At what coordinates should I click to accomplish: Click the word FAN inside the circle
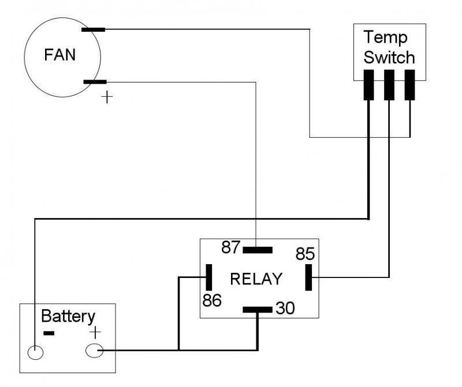pos(60,57)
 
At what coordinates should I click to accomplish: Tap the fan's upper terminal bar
pos(93,29)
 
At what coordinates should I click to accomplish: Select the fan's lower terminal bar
pos(95,82)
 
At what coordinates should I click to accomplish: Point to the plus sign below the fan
pos(107,97)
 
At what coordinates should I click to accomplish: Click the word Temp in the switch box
pos(386,38)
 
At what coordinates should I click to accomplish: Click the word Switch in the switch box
pos(389,58)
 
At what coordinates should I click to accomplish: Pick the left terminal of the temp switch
pos(368,85)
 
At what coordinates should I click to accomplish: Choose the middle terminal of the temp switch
pos(389,85)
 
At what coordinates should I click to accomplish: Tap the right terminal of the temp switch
pos(409,85)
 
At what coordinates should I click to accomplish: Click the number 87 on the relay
pos(231,247)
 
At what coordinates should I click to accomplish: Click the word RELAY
pos(256,279)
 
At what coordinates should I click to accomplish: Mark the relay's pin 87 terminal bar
pos(258,250)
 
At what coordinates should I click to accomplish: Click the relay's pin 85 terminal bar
pos(308,278)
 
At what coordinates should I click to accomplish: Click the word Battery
pos(68,316)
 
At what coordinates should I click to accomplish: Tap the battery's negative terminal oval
pos(36,351)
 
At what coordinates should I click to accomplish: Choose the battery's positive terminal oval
pos(94,350)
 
